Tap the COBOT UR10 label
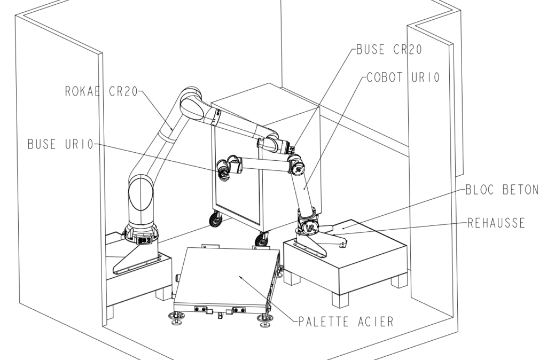(403, 78)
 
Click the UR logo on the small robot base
(309, 229)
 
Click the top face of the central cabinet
(264, 109)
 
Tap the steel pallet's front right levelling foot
(263, 321)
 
